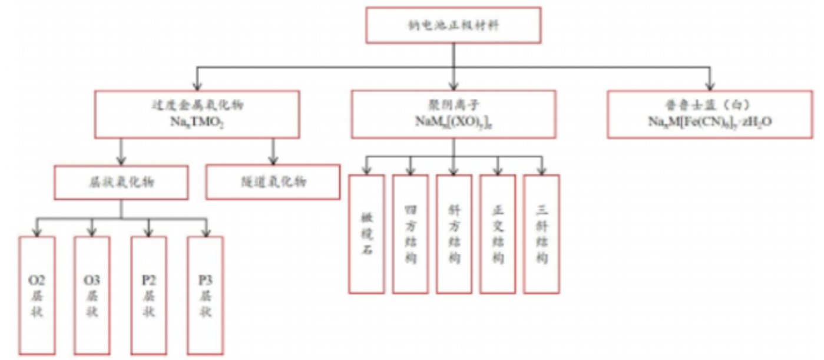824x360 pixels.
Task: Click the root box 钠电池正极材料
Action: (453, 25)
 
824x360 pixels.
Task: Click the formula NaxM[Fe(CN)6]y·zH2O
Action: (710, 123)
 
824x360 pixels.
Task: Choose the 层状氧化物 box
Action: (121, 182)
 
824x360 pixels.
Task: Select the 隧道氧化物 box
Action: (273, 182)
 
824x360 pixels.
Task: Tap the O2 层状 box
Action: (37, 295)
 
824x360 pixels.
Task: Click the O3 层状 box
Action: (92, 295)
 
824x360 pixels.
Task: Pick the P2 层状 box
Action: (148, 295)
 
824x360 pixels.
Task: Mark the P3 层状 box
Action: (206, 295)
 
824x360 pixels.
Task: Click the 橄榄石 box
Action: (366, 234)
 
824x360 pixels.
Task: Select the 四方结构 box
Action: (410, 234)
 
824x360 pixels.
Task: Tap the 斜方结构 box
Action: (454, 234)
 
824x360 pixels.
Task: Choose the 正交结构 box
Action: (498, 234)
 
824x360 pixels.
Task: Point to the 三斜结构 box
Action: (542, 234)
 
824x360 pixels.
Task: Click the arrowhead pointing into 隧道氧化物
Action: (273, 160)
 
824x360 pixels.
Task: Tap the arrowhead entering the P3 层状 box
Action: (206, 232)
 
